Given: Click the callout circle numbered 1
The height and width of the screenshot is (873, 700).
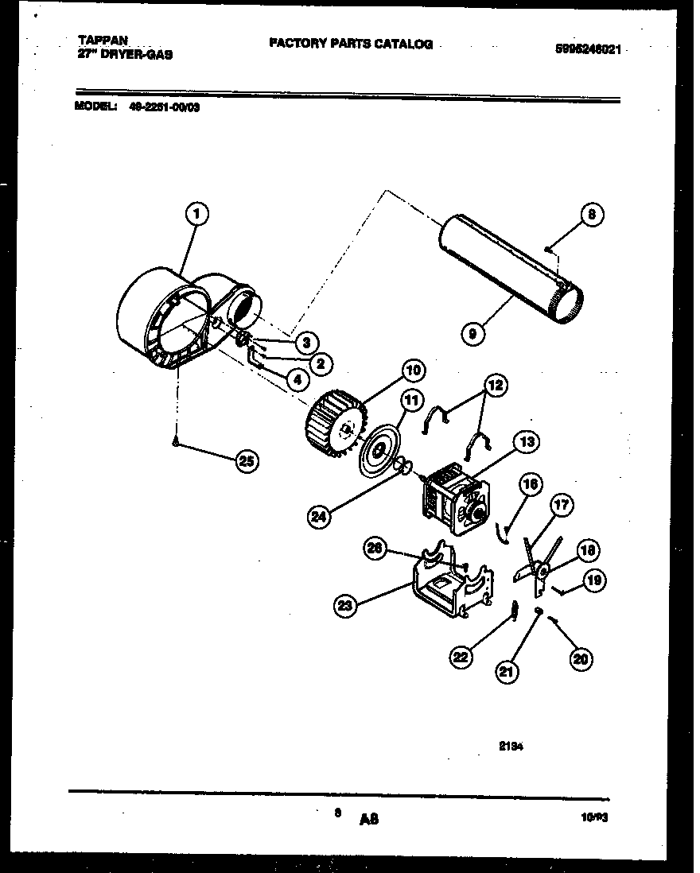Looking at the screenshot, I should coord(196,212).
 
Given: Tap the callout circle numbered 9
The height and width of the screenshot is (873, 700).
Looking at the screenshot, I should coord(473,334).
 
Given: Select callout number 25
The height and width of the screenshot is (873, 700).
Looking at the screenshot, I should coord(248,461).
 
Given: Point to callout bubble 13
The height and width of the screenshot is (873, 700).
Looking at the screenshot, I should coord(527,443).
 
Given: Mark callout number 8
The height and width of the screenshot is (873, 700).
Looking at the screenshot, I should coord(591,214).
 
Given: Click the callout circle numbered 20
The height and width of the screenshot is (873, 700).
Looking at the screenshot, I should coord(581,657).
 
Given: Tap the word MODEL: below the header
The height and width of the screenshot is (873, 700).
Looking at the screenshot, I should coord(95,107).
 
